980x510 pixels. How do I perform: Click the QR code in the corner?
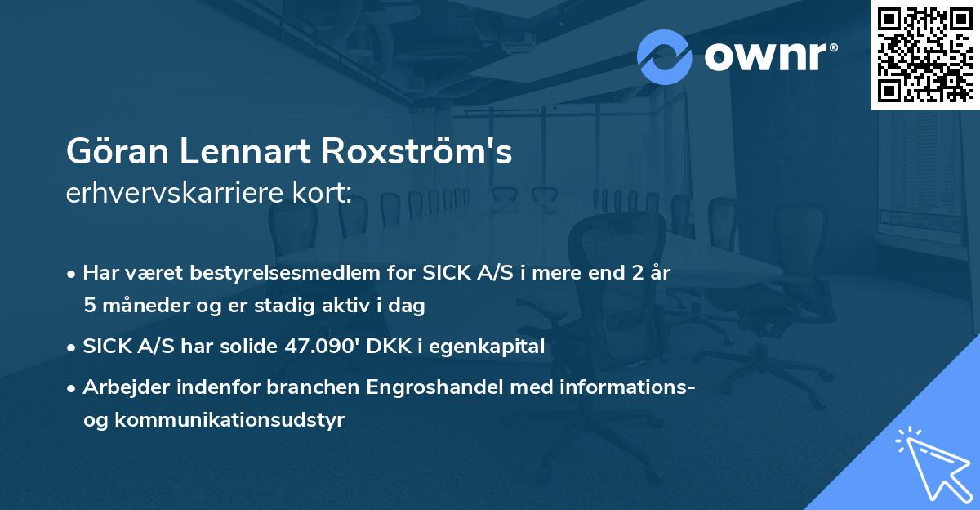point(924,54)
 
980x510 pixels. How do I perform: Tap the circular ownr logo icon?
point(665,57)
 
